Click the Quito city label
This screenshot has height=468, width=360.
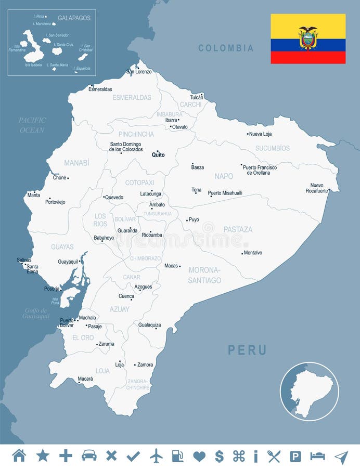pos(158,155)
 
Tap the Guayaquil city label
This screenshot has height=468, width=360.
pos(68,262)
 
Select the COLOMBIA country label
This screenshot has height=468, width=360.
pos(226,48)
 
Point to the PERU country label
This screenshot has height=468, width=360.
pos(247,350)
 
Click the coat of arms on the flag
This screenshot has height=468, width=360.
pos(308,38)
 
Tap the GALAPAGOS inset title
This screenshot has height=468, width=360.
pos(74,18)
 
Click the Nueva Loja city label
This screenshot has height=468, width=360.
pos(261,134)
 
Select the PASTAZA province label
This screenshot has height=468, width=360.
pos(238,229)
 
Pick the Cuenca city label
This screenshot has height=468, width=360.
pos(126,296)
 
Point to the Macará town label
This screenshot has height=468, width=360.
pos(85,379)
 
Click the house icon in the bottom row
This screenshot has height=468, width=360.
pos(19,456)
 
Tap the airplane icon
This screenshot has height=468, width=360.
pos(156,456)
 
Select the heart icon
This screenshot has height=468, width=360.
pos(199,456)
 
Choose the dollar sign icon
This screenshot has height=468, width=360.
pos(219,456)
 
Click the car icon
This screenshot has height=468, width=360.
pos(89,456)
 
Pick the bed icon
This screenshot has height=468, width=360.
pos(317,456)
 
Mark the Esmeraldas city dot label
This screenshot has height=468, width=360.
pos(100,89)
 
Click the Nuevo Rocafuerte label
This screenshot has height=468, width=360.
pos(317,188)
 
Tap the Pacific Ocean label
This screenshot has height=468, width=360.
pos(32,125)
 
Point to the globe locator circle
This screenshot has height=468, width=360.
pos(310,391)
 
